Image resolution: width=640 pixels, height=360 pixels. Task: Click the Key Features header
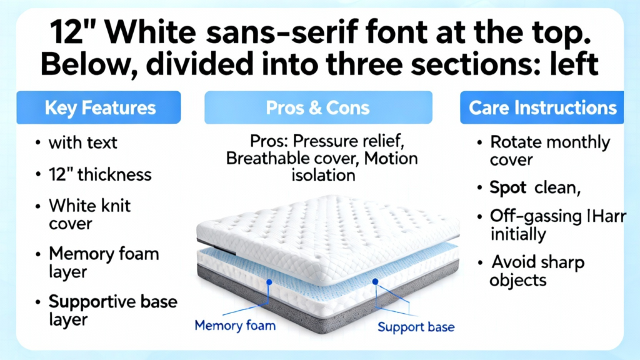[98, 107]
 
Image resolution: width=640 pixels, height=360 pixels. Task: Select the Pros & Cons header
[318, 107]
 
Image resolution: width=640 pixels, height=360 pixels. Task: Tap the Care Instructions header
[542, 107]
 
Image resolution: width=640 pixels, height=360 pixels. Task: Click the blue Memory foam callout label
[235, 326]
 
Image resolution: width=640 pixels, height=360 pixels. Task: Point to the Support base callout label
[416, 327]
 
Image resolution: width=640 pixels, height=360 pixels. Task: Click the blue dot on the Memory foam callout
[269, 282]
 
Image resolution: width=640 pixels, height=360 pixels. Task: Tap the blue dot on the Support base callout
[375, 282]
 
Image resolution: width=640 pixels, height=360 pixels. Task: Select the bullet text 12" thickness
[100, 175]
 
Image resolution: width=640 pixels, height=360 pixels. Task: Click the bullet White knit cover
[90, 214]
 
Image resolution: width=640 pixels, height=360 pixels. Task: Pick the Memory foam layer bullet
[104, 262]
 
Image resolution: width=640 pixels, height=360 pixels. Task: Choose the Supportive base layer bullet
[113, 310]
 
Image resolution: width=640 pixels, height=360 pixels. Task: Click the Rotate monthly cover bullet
[550, 151]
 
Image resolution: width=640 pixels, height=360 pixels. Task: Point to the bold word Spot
[508, 187]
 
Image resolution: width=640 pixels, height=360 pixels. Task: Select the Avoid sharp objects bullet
[537, 271]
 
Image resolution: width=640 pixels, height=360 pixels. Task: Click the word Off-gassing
[536, 217]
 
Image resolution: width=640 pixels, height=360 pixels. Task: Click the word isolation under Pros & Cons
[323, 176]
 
